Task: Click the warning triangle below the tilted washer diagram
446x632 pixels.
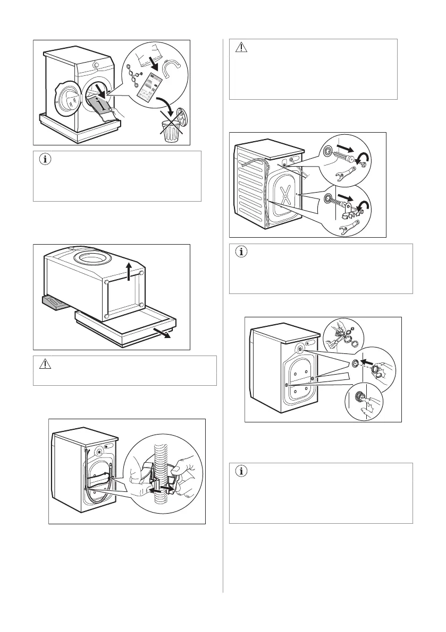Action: tap(45, 365)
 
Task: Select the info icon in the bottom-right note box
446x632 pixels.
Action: tap(241, 471)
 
